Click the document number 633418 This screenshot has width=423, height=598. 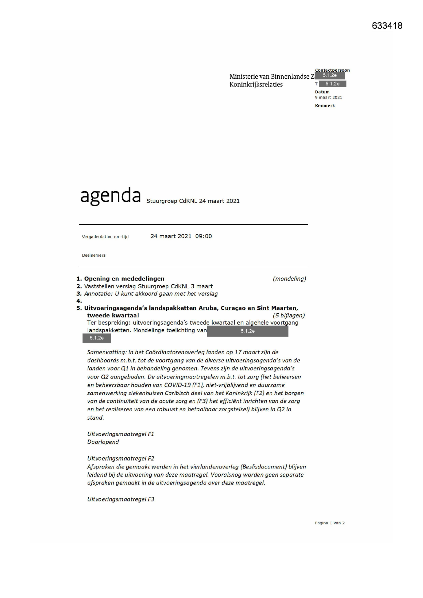[x=387, y=26]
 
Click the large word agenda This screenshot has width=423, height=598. [x=110, y=196]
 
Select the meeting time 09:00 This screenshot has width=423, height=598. [x=203, y=236]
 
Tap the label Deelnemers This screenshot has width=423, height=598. [x=94, y=255]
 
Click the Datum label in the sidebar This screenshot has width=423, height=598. [x=322, y=92]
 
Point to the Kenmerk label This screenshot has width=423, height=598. [x=325, y=106]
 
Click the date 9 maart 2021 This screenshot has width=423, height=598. [x=328, y=98]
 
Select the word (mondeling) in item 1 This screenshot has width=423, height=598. [x=289, y=279]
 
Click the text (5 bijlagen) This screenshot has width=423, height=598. [x=289, y=315]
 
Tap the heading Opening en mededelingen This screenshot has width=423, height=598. [x=124, y=279]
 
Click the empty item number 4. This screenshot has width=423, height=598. [x=79, y=301]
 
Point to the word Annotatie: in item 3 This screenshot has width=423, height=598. [x=99, y=294]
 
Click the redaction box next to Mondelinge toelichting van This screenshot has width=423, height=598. [x=247, y=331]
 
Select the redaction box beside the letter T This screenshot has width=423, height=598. [x=332, y=84]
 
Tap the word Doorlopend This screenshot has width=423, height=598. [x=103, y=442]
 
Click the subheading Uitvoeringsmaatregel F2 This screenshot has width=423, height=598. [x=121, y=459]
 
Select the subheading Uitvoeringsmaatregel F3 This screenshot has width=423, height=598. [x=121, y=499]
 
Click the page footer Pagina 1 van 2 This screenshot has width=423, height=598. [x=330, y=523]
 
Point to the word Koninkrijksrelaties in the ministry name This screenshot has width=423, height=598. [x=256, y=85]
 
